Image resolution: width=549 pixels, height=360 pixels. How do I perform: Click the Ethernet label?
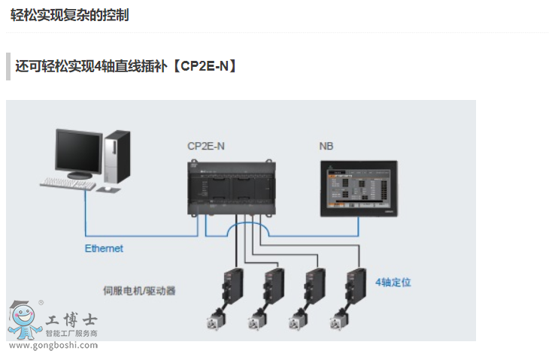pos(104,248)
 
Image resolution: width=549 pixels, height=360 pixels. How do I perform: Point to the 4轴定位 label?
pos(393,283)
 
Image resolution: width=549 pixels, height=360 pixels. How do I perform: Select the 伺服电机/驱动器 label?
pos(139,289)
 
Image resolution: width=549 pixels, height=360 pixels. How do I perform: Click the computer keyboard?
pos(69,182)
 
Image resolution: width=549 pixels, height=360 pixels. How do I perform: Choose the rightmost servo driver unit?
pos(354,285)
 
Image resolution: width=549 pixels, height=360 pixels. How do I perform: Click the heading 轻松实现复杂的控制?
pos(69,15)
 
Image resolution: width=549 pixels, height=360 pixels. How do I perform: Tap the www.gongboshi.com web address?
pos(53,346)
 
